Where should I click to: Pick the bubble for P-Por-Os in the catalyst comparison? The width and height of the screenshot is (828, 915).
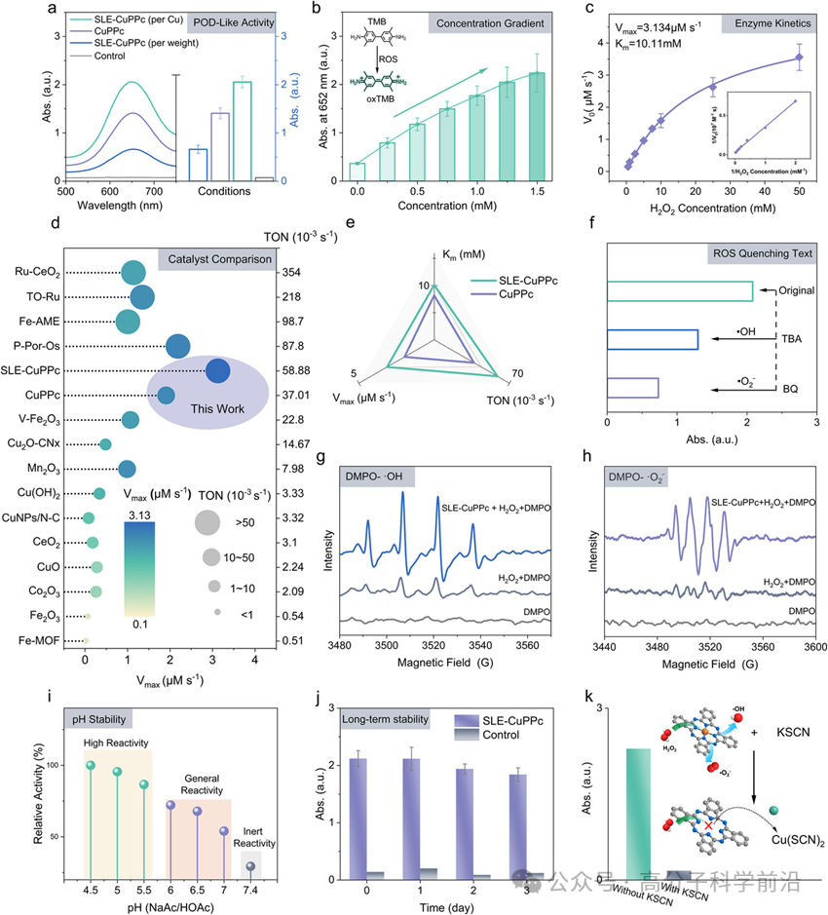pyautogui.click(x=178, y=346)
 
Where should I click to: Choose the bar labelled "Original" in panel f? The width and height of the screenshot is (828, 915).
pyautogui.click(x=680, y=290)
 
